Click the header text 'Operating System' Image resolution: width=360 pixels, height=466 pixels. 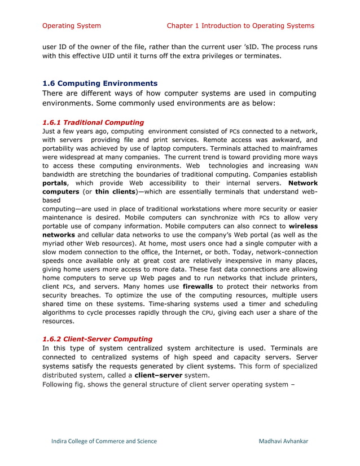click(x=72, y=25)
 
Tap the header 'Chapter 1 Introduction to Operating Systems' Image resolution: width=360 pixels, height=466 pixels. click(x=240, y=25)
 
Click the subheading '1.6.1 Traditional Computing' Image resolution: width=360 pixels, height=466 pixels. click(x=93, y=122)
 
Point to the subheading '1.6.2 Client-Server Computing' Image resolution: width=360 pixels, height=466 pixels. click(x=97, y=339)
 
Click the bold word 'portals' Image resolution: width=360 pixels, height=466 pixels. click(x=58, y=183)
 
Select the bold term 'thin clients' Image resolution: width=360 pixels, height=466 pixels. click(x=119, y=192)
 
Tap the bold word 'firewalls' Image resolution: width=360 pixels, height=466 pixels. click(x=195, y=287)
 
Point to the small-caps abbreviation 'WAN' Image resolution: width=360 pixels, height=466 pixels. click(x=310, y=166)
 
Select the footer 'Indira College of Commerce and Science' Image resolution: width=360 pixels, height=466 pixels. click(x=104, y=441)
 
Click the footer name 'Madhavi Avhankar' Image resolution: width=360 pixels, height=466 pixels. click(x=283, y=441)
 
